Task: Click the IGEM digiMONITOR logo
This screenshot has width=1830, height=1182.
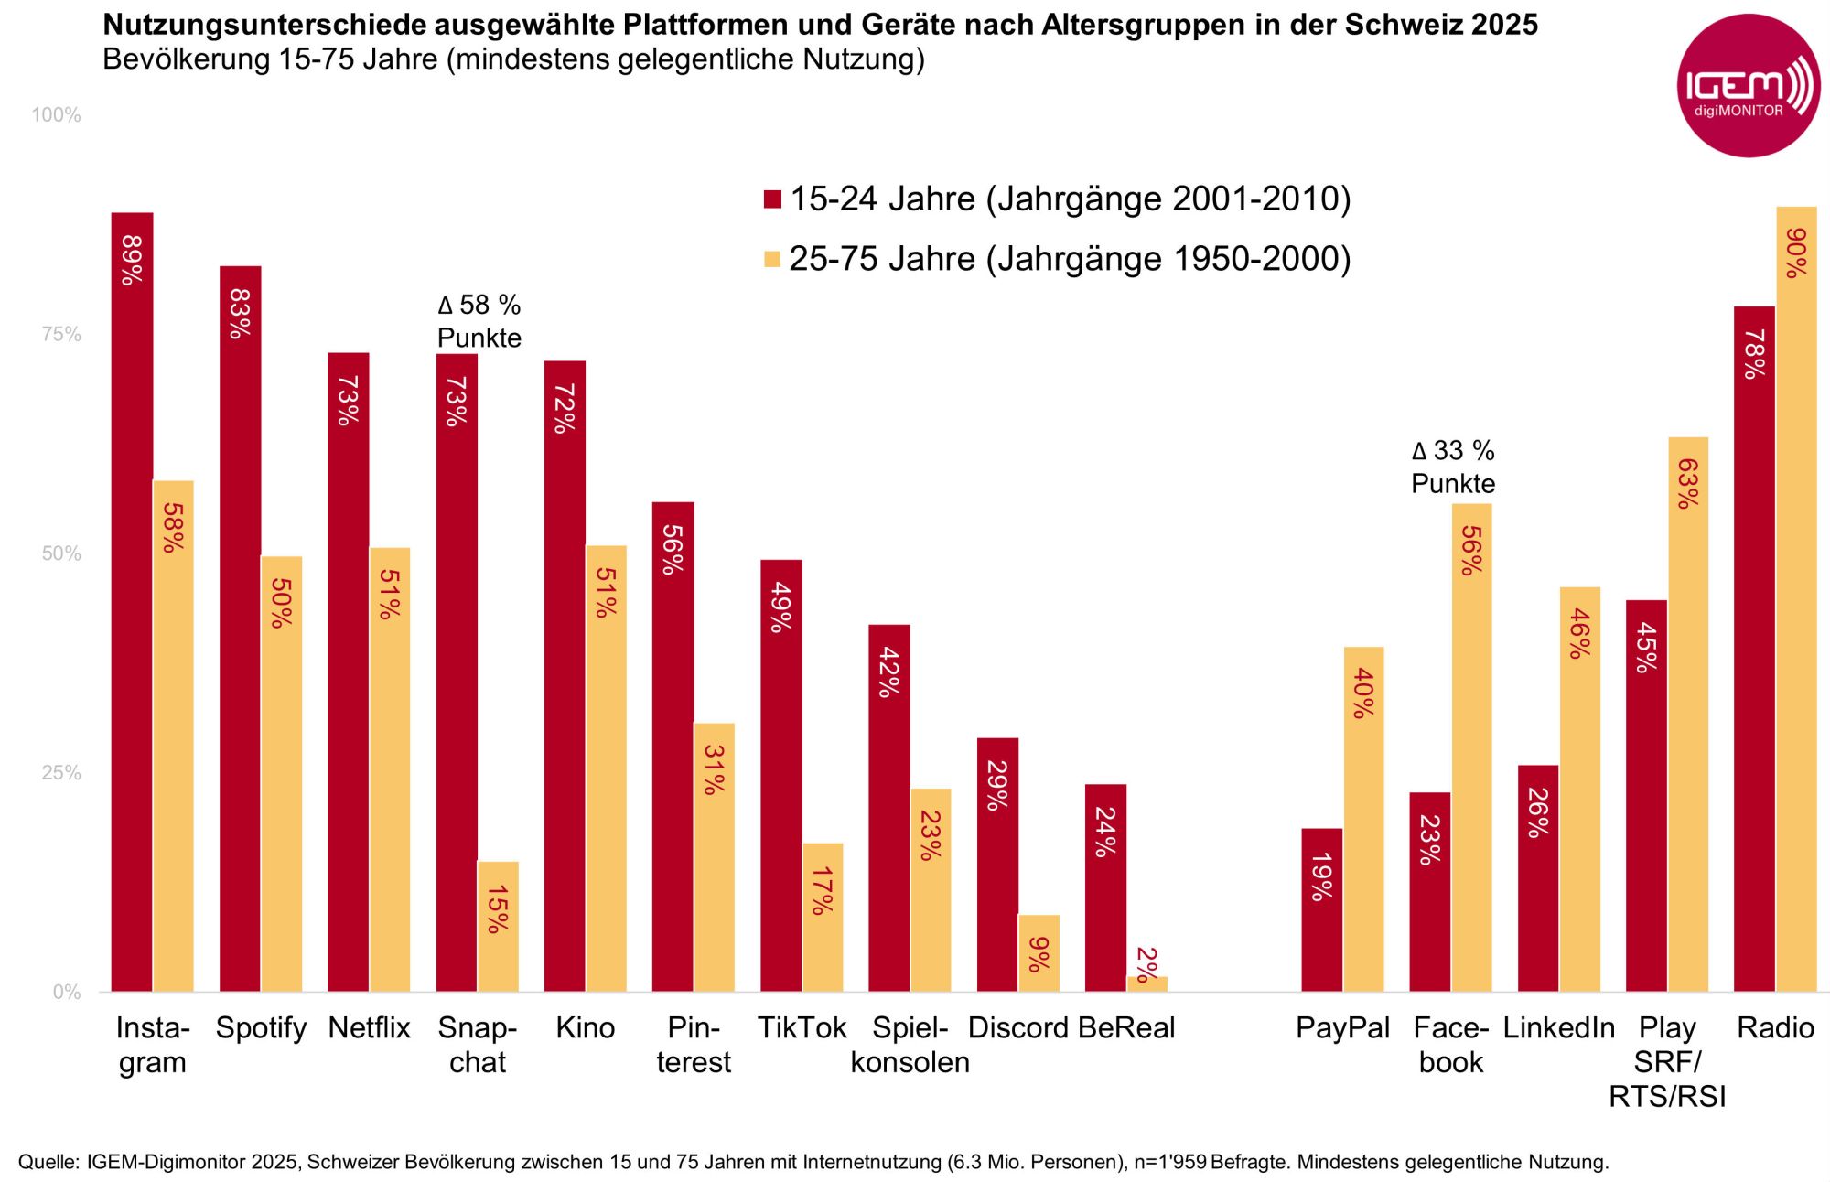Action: pos(1748,86)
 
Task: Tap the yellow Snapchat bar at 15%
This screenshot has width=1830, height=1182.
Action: pos(498,926)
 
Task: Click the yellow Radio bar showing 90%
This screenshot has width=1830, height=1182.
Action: pos(1796,598)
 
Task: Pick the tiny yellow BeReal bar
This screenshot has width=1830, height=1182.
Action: pos(1146,983)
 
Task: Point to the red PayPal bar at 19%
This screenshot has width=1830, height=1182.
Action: pos(1321,909)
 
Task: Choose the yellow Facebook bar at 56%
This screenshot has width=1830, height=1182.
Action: pos(1471,747)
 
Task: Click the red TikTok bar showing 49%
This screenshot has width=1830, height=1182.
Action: pos(780,775)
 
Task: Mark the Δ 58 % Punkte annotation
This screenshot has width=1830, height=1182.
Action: pos(479,321)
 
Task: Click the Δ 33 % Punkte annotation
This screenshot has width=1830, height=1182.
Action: pos(1453,467)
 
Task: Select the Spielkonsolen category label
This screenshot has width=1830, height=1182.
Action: pos(910,1045)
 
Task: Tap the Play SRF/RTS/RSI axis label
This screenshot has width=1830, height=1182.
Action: pos(1667,1061)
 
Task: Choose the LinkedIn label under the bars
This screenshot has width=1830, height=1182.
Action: pos(1558,1028)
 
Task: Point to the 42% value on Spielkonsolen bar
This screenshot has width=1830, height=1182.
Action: pos(888,672)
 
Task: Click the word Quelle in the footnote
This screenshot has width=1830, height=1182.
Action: pos(48,1162)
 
